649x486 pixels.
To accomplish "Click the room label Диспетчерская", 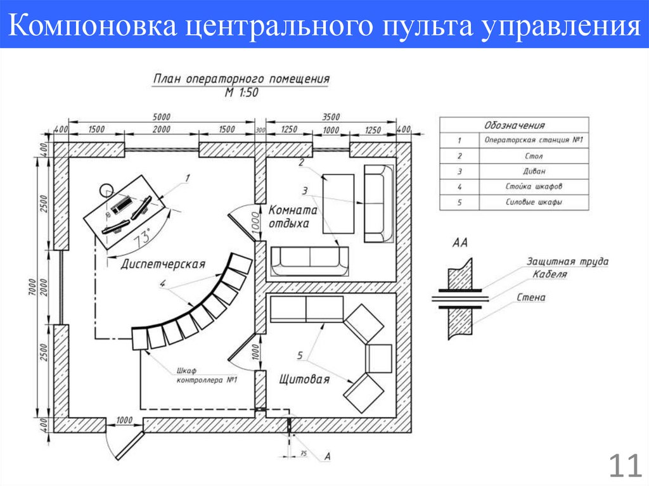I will point(162,264).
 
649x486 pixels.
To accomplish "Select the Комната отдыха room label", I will point(292,217).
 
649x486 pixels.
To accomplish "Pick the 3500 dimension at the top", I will point(331,117).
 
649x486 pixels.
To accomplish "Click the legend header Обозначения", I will point(514,125).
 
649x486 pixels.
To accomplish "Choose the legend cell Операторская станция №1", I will point(533,140).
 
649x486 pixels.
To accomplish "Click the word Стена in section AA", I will point(531,297).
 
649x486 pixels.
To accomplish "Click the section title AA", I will point(460,243).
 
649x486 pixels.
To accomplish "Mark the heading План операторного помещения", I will point(241,79).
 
